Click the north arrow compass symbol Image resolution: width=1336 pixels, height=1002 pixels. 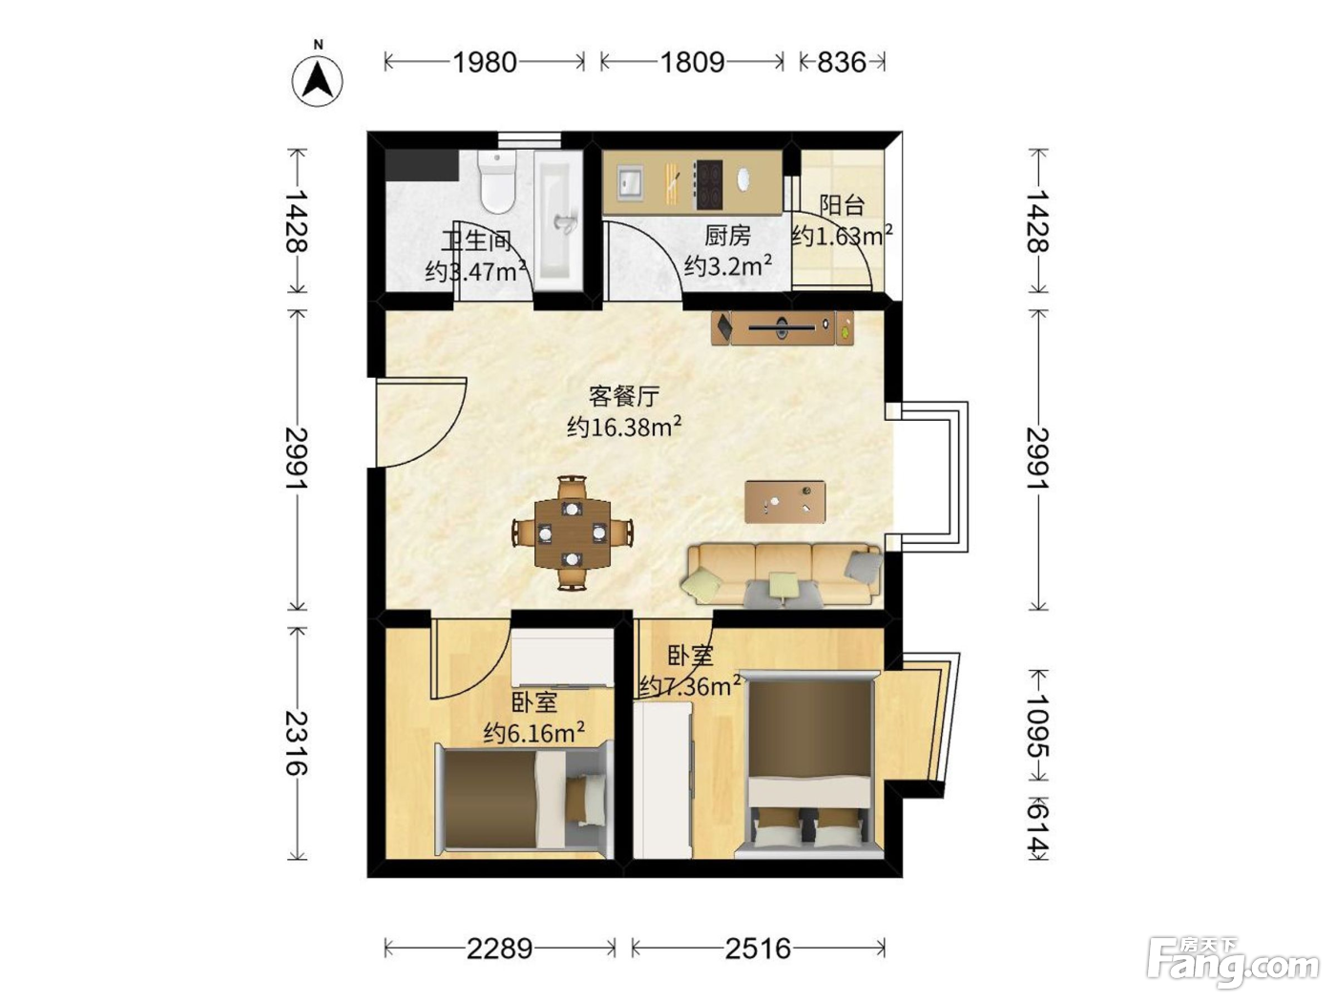point(317,81)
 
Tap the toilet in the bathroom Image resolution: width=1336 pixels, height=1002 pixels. point(497,181)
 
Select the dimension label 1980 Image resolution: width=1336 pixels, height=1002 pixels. point(485,62)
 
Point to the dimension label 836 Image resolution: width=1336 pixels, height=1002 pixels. point(841,62)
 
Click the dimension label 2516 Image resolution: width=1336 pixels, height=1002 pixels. point(758,948)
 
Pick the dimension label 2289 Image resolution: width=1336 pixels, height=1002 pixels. point(500,948)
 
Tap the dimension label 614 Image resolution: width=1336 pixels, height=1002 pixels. point(1037,828)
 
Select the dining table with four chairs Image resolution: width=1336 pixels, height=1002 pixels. point(573,532)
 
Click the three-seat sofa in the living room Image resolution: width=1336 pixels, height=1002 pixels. point(784,574)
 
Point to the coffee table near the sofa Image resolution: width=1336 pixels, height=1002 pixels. point(785,502)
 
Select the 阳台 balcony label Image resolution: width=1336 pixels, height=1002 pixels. point(841,205)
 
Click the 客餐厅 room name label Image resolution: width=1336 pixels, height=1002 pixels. point(624,397)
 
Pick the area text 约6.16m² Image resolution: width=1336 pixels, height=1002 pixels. point(534,733)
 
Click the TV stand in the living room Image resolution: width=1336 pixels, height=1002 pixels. point(783,328)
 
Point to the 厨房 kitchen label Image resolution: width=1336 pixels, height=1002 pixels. point(728,236)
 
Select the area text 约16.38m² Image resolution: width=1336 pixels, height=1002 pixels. point(624,428)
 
